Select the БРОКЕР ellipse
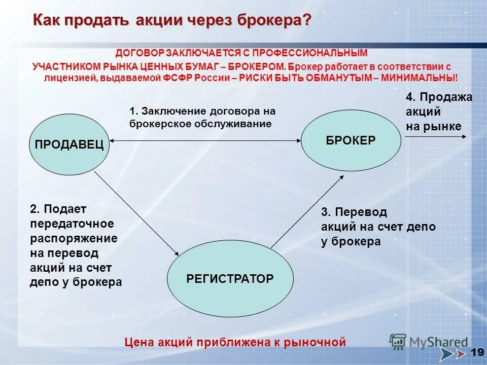[351, 140]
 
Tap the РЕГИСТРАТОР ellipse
[230, 278]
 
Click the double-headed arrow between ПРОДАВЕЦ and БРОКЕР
[205, 141]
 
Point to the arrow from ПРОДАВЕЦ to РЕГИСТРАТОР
[137, 213]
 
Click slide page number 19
[476, 352]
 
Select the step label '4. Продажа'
[439, 97]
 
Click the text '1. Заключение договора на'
[202, 111]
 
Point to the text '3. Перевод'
[354, 212]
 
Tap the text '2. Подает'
[58, 209]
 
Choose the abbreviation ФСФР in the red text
[176, 78]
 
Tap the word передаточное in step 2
[72, 224]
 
